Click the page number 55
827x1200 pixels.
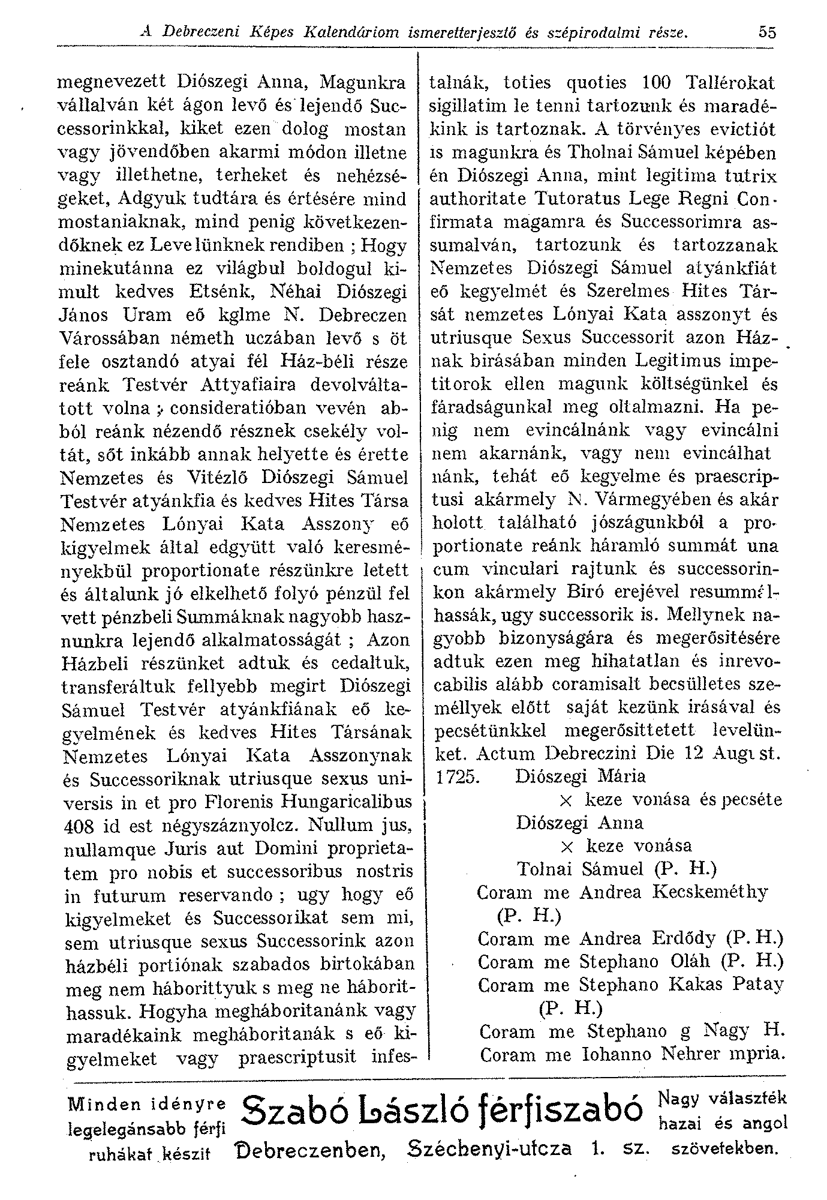point(766,32)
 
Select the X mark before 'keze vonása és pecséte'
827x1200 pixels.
point(566,801)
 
